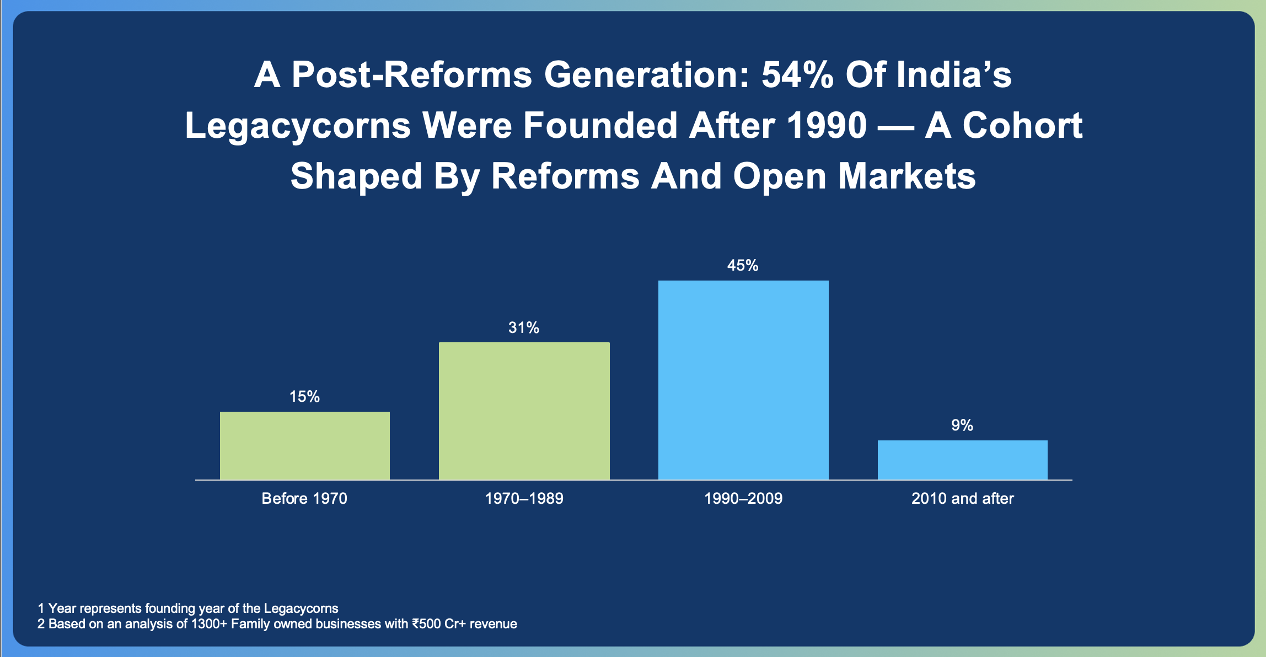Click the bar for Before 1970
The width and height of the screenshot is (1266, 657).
[x=305, y=445]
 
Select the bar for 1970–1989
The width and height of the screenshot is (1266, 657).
[x=524, y=411]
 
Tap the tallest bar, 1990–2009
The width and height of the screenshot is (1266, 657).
[x=743, y=380]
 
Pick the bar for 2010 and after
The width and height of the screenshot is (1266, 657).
[x=963, y=460]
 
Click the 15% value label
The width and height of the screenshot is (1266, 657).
[x=305, y=397]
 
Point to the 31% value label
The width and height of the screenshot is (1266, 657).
[x=524, y=328]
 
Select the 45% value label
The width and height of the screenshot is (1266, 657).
[x=743, y=266]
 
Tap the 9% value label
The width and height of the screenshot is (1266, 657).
[x=962, y=426]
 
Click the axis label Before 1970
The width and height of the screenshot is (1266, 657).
[x=304, y=499]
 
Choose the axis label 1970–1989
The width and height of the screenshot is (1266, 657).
[x=524, y=499]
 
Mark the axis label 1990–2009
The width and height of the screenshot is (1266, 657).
[x=743, y=499]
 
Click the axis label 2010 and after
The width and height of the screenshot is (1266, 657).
[x=963, y=499]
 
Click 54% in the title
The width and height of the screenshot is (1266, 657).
[x=797, y=75]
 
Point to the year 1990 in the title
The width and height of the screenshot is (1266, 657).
[x=827, y=126]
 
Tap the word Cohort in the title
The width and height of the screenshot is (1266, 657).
[x=1023, y=126]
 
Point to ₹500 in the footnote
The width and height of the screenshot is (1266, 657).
[x=425, y=624]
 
